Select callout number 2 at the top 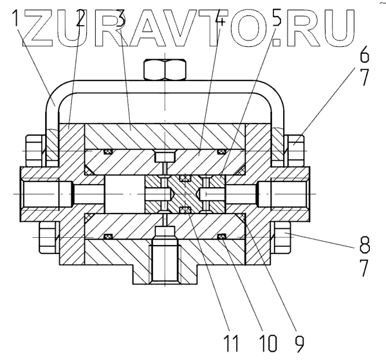pyautogui.click(x=81, y=22)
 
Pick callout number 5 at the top pyautogui.click(x=277, y=22)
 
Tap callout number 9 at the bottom pyautogui.click(x=298, y=341)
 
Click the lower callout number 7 pyautogui.click(x=365, y=267)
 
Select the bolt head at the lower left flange pyautogui.click(x=46, y=238)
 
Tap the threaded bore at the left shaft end pyautogui.click(x=42, y=192)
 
